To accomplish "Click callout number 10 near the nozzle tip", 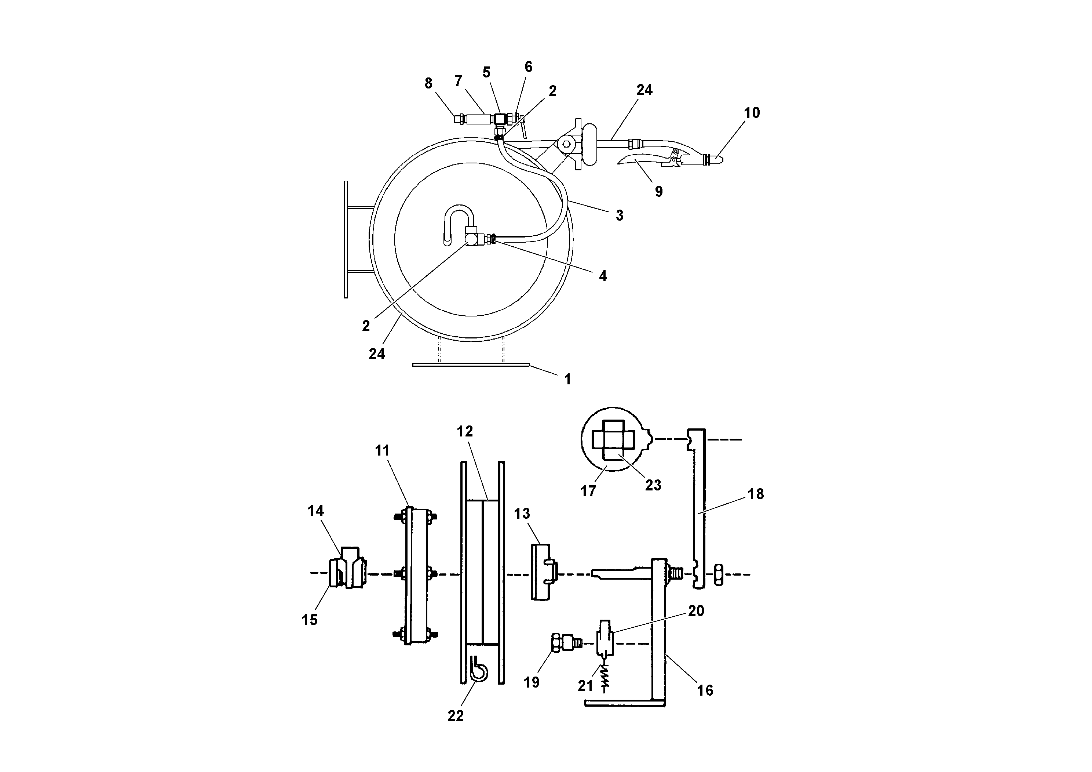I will point(752,113).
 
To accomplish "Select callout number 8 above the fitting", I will point(428,83).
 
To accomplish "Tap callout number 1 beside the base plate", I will point(567,379).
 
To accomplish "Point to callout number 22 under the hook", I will point(455,716).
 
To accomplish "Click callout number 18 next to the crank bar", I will point(756,494).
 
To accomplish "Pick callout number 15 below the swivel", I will point(310,620).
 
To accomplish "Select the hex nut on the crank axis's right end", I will point(719,574).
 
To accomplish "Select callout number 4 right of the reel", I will point(603,276).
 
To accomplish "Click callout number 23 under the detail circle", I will point(653,485).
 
